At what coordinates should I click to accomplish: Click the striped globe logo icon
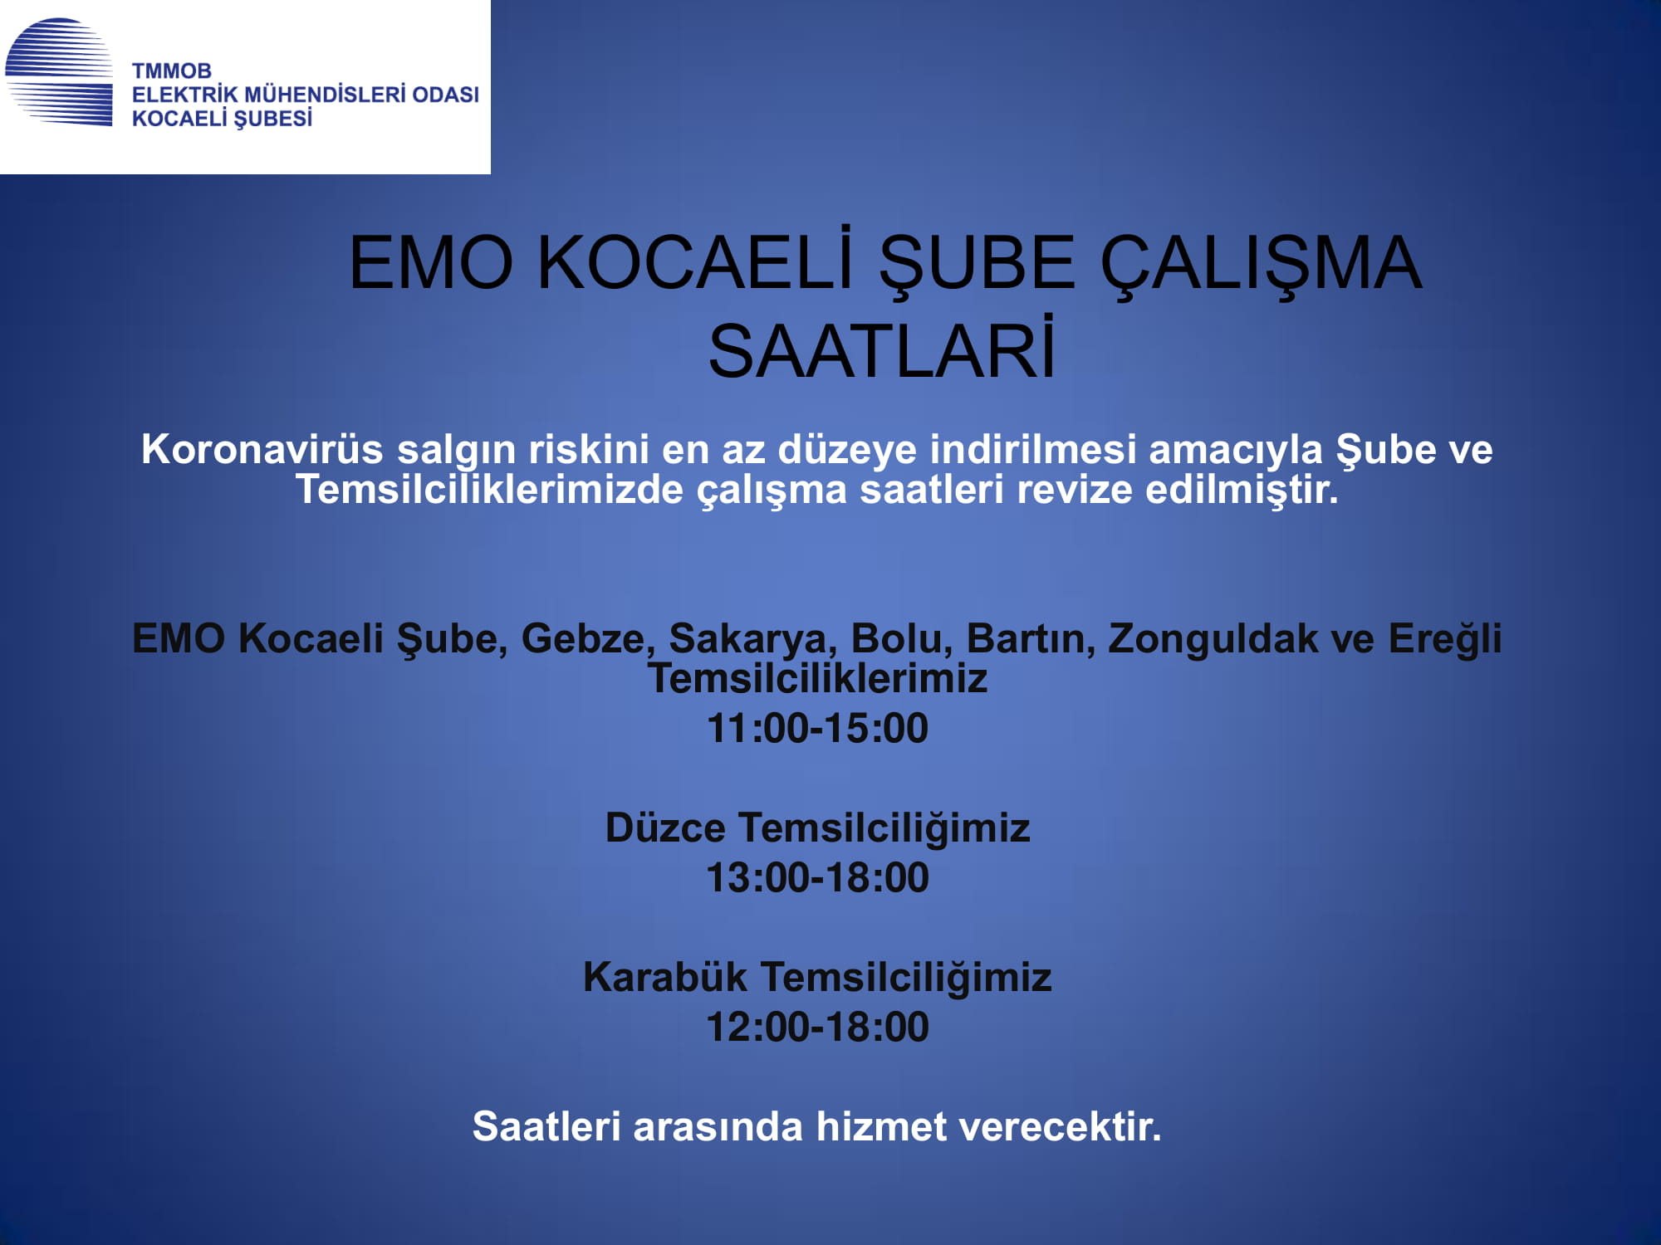59,72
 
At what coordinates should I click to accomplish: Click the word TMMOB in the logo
172,71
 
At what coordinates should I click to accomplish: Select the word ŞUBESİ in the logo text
272,119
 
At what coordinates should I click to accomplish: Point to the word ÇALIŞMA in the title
1261,263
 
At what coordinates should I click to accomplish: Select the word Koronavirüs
262,449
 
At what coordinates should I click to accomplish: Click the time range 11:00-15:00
817,728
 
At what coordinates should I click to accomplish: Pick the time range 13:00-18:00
817,877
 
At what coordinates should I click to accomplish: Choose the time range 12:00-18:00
817,1027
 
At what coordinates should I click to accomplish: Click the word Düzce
665,828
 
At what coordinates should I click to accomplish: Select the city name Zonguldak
1213,638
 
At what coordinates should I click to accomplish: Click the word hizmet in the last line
881,1126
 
